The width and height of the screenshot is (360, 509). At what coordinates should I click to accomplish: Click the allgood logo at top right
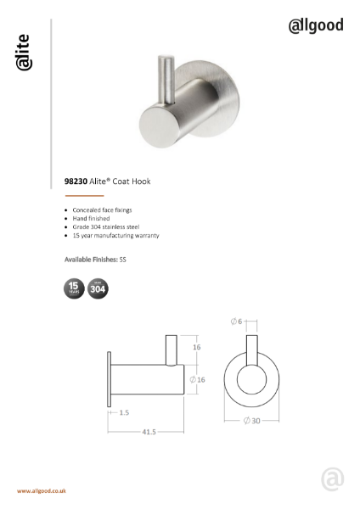click(x=315, y=25)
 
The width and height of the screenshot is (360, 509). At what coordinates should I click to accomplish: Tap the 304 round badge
click(x=98, y=289)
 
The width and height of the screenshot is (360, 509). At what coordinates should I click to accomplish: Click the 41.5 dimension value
click(x=149, y=432)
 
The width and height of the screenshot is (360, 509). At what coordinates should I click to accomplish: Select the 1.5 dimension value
click(x=124, y=412)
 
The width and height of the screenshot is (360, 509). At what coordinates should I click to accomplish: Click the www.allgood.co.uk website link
click(x=42, y=491)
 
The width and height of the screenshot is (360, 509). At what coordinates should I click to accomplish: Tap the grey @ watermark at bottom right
click(x=332, y=479)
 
